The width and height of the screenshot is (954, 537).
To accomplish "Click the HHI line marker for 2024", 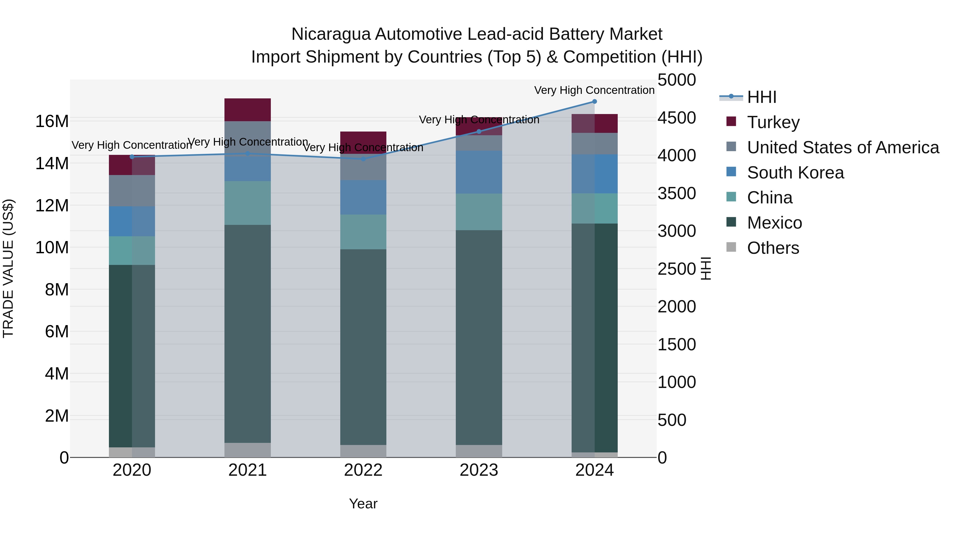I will [594, 102].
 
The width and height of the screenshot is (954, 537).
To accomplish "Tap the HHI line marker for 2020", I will [132, 157].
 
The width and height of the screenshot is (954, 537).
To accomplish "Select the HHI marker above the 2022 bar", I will [363, 159].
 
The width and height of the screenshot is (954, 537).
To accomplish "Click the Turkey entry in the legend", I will [773, 122].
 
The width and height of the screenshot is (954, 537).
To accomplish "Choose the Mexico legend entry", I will [774, 223].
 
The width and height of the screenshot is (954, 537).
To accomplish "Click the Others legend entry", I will [773, 248].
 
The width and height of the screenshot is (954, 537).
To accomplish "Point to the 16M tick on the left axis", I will [52, 121].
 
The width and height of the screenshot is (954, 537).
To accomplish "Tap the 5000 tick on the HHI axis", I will [677, 80].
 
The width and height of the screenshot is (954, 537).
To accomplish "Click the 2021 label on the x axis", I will [248, 470].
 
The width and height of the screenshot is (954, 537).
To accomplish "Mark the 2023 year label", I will [479, 470].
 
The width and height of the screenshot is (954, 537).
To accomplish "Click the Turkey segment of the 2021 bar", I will [248, 110].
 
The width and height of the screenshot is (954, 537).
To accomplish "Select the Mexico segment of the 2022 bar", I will [363, 347].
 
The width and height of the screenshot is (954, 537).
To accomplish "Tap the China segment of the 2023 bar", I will [479, 212].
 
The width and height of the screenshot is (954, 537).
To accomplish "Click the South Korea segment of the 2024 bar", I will [594, 174].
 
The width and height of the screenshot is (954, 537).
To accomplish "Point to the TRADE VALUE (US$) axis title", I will [8, 268].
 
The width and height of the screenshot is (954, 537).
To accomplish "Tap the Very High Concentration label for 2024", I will [594, 90].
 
